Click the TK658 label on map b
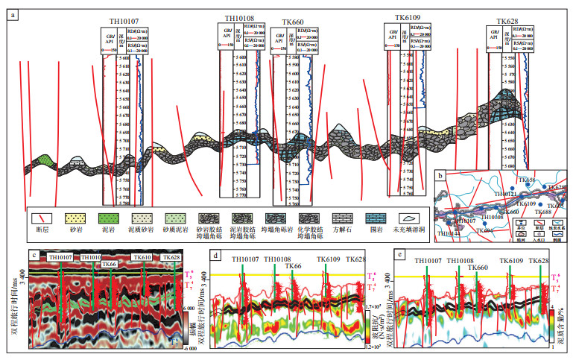pyautogui.click(x=527, y=181)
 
